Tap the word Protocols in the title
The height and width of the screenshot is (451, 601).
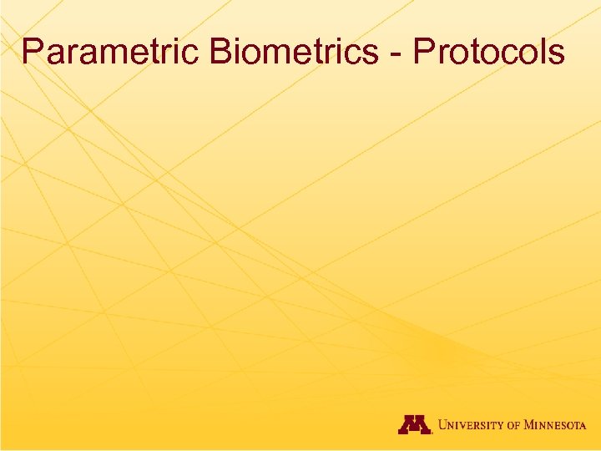pos(489,52)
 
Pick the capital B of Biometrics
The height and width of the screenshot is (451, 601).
pos(221,52)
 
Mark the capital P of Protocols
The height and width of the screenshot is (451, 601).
pos(424,52)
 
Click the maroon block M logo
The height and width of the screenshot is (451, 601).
pos(414,424)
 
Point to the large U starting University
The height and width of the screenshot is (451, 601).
pos(444,424)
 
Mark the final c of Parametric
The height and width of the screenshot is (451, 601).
pos(194,55)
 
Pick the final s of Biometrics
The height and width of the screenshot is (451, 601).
pos(372,55)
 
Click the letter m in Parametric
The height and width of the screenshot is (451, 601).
pos(112,55)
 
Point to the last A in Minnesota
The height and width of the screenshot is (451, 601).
pos(583,426)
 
